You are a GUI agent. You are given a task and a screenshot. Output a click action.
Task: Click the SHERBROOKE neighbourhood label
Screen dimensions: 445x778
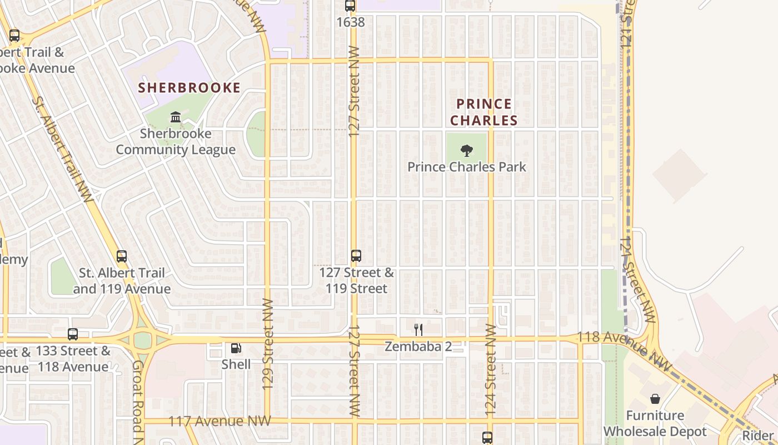point(189,88)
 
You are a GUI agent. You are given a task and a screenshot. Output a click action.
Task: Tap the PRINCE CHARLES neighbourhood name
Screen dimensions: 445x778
point(483,112)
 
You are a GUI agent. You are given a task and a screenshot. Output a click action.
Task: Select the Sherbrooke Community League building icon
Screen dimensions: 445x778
point(176,117)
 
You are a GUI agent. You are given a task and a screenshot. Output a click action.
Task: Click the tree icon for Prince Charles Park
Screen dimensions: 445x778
point(467,150)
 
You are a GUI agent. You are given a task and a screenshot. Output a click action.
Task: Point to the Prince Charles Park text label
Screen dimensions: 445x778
point(467,167)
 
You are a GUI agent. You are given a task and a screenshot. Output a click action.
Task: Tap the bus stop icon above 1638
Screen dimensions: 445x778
point(350,6)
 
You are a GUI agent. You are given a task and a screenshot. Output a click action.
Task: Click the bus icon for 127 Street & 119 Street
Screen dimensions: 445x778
point(356,256)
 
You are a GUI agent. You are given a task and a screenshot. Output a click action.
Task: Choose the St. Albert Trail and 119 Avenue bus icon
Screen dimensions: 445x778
point(122,256)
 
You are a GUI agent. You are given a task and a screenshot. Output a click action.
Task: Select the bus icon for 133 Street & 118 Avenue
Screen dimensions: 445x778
point(73,334)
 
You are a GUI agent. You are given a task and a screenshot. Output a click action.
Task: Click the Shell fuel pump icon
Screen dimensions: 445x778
point(236,348)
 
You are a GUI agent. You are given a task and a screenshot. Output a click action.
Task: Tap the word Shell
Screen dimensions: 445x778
point(236,364)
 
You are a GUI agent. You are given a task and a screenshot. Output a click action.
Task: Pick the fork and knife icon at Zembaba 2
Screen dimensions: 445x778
point(418,330)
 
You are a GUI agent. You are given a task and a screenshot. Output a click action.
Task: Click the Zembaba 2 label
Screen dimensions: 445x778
point(418,347)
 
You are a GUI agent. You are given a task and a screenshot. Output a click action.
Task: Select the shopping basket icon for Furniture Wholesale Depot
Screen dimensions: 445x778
point(655,399)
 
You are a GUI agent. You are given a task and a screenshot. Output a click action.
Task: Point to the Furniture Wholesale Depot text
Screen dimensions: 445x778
point(655,423)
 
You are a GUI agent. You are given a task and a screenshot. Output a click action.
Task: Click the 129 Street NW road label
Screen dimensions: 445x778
point(268,359)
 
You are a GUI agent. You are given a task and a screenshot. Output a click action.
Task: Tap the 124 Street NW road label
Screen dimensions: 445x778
point(490,370)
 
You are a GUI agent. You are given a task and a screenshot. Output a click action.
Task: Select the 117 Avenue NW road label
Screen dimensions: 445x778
point(220,421)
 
